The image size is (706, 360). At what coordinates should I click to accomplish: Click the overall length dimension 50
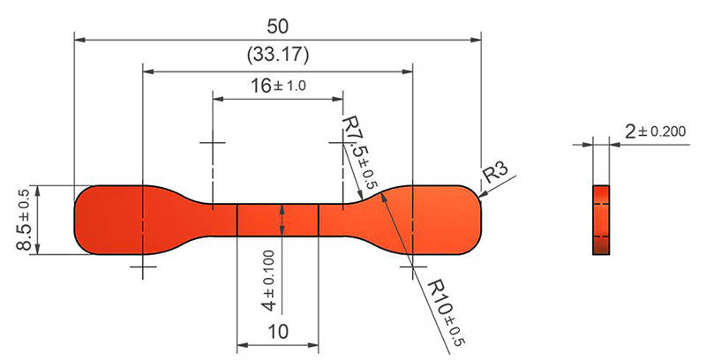(x=277, y=26)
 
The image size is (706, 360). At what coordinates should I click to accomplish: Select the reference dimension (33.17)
(x=278, y=55)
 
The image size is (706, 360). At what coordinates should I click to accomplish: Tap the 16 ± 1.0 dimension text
(x=278, y=85)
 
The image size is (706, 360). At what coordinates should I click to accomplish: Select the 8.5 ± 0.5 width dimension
(x=25, y=220)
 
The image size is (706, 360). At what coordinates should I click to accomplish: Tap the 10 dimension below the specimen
(x=278, y=332)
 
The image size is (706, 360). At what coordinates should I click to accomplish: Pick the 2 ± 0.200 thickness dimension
(x=656, y=131)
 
